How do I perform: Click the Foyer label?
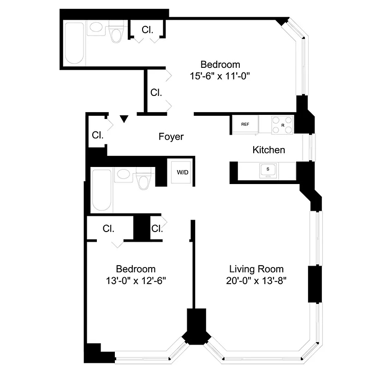click(171, 137)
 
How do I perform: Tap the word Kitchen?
click(268, 150)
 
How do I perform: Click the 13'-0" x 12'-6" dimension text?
click(136, 280)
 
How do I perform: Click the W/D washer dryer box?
click(183, 173)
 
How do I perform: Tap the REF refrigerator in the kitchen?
click(245, 124)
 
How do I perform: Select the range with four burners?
click(282, 124)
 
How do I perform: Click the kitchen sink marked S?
click(268, 170)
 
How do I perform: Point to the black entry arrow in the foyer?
click(124, 119)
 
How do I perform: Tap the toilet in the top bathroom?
click(116, 32)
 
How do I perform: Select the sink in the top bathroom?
click(97, 28)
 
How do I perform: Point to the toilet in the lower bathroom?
click(144, 180)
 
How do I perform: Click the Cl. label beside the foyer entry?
click(97, 136)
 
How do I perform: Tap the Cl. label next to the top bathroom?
click(147, 30)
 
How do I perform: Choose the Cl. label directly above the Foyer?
click(156, 92)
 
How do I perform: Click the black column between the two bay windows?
click(196, 327)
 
